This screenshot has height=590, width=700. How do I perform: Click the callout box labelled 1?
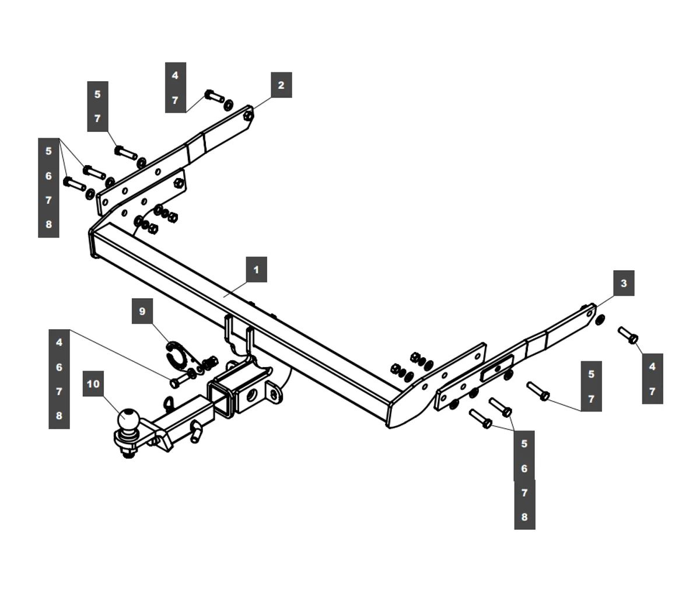click(257, 270)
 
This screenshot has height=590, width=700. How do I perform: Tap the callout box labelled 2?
click(281, 85)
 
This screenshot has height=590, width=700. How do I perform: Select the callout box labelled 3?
click(624, 283)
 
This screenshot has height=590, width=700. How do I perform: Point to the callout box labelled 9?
click(142, 311)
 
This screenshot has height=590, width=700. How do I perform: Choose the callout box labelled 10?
click(93, 383)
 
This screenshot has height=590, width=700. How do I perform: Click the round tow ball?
click(128, 418)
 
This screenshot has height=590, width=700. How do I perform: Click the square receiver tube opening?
click(222, 401)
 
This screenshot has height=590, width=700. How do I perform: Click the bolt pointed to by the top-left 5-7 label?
click(126, 153)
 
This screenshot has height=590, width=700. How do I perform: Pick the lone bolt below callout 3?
click(628, 335)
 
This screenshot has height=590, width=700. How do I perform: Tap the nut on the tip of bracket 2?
click(248, 116)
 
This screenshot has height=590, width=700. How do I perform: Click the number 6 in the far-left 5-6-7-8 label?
click(48, 176)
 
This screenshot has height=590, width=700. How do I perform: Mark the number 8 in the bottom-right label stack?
click(524, 517)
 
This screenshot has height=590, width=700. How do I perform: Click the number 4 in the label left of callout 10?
click(59, 343)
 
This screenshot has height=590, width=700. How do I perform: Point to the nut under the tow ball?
click(128, 454)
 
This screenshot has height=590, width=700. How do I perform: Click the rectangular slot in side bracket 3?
click(496, 368)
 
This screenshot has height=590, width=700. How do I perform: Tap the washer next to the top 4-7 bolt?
click(228, 104)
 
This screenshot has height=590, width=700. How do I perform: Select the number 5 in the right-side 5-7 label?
click(591, 374)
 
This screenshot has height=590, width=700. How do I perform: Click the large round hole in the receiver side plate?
click(251, 396)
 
